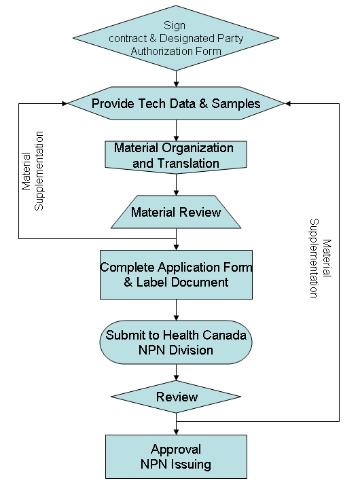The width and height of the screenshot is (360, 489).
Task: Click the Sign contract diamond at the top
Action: coord(177,37)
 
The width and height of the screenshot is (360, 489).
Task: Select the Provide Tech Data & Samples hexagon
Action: coord(176,104)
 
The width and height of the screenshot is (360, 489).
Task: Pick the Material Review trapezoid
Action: coord(176,213)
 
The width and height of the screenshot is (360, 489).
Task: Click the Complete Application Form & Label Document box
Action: coord(176,274)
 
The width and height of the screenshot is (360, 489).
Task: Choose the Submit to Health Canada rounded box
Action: coord(177,343)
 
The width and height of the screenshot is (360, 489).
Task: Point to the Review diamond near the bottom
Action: coord(177,397)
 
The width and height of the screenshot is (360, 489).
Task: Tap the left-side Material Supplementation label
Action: coord(33,170)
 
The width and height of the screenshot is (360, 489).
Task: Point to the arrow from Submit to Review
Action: coord(177,372)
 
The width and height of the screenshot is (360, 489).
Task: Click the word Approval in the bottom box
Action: coord(176,450)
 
